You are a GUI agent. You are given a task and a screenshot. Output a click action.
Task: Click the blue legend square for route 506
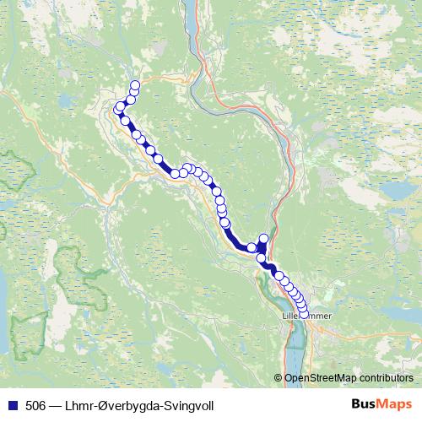pyautogui.click(x=11, y=405)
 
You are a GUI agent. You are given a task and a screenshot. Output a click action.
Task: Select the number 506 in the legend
pyautogui.click(x=36, y=406)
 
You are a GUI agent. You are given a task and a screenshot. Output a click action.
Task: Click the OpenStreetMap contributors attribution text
pyautogui.click(x=348, y=378)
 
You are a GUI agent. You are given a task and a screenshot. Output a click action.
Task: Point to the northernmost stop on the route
pyautogui.click(x=135, y=84)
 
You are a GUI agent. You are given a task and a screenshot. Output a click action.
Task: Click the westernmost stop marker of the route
pyautogui.click(x=119, y=109)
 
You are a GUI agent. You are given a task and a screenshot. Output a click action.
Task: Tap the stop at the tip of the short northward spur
pyautogui.click(x=264, y=239)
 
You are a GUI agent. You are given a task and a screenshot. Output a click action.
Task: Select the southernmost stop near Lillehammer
pyautogui.click(x=305, y=315)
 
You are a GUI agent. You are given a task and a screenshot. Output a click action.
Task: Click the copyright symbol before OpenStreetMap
pyautogui.click(x=279, y=378)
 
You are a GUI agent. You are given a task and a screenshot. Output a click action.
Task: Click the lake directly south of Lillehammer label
pyautogui.click(x=296, y=346)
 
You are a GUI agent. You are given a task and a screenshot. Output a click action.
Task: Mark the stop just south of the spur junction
pyautogui.click(x=262, y=258)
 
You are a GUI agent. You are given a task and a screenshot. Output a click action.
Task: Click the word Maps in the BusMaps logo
pyautogui.click(x=396, y=405)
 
